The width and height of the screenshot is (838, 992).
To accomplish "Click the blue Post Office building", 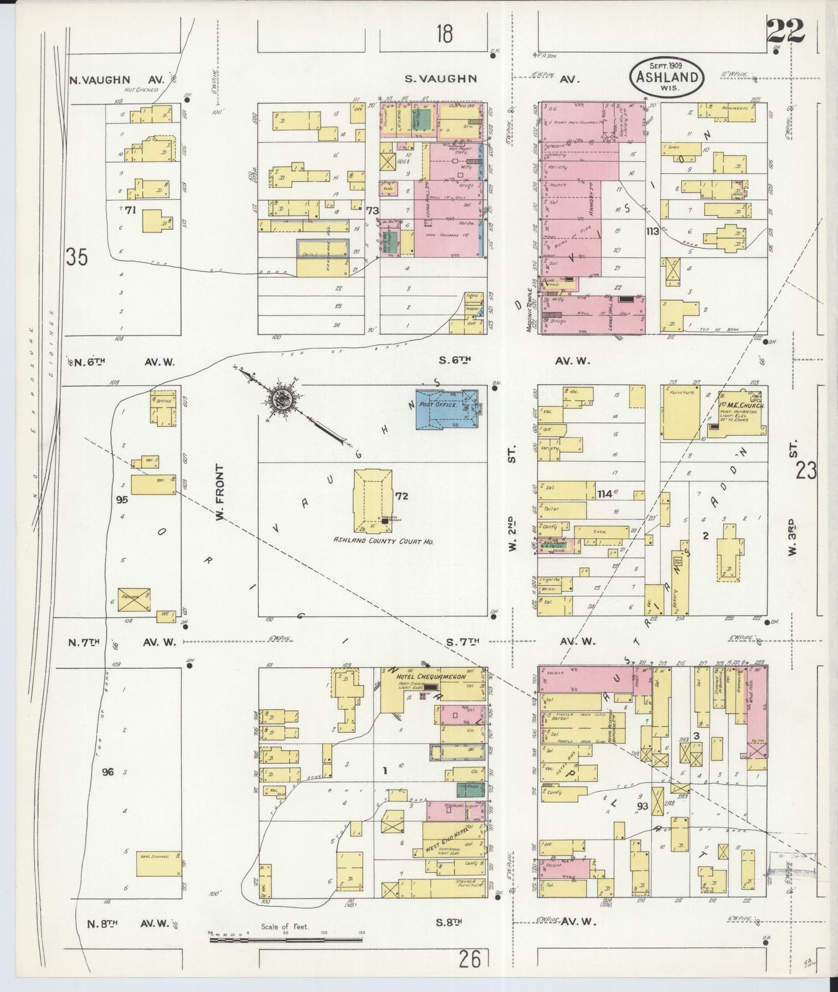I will pos(447,409).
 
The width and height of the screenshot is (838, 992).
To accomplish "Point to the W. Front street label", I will pos(220,491).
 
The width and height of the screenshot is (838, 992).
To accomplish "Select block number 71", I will pos(129,211).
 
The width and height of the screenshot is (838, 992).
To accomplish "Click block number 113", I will pos(652,232).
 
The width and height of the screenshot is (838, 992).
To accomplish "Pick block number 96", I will pos(107,772).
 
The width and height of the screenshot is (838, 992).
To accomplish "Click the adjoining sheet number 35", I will pos(77,256).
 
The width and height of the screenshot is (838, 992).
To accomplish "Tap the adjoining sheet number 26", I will pos(470,960).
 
